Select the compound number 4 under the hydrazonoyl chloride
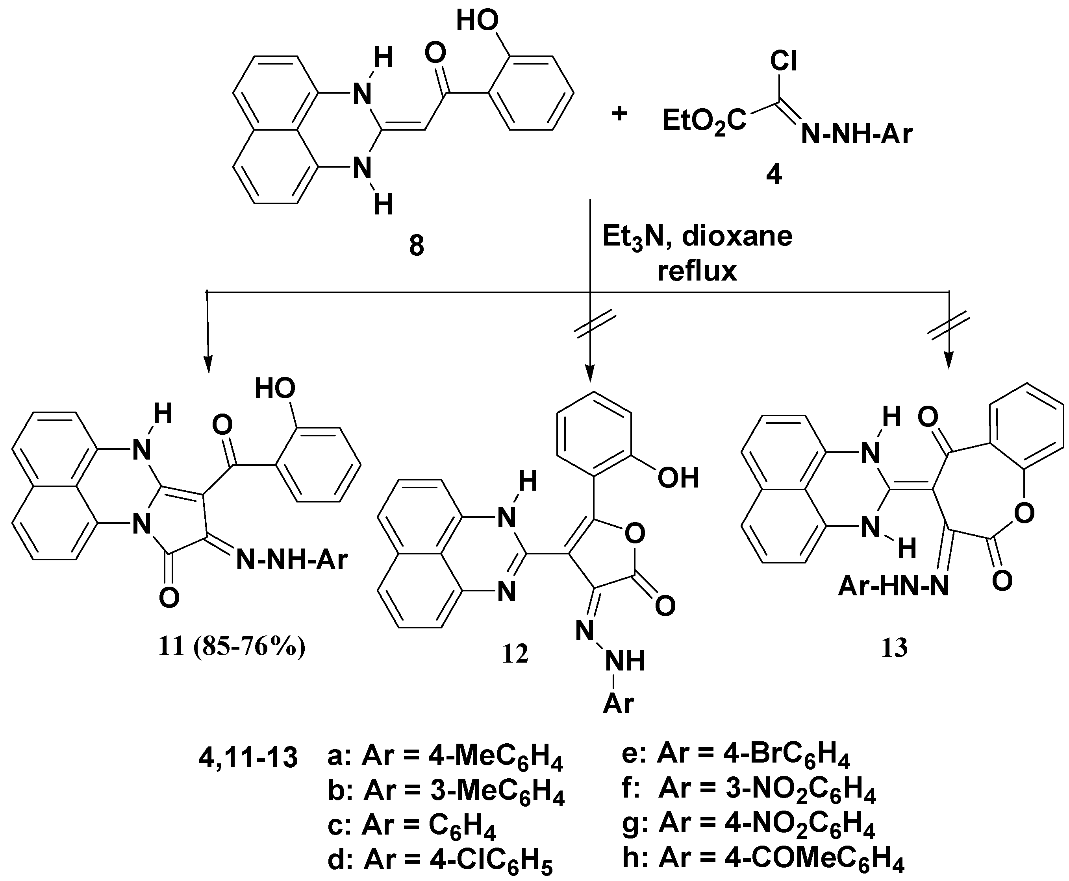point(774,175)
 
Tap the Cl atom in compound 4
point(783,62)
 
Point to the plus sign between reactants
point(619,114)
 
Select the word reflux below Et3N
point(697,271)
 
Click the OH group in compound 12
point(678,478)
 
